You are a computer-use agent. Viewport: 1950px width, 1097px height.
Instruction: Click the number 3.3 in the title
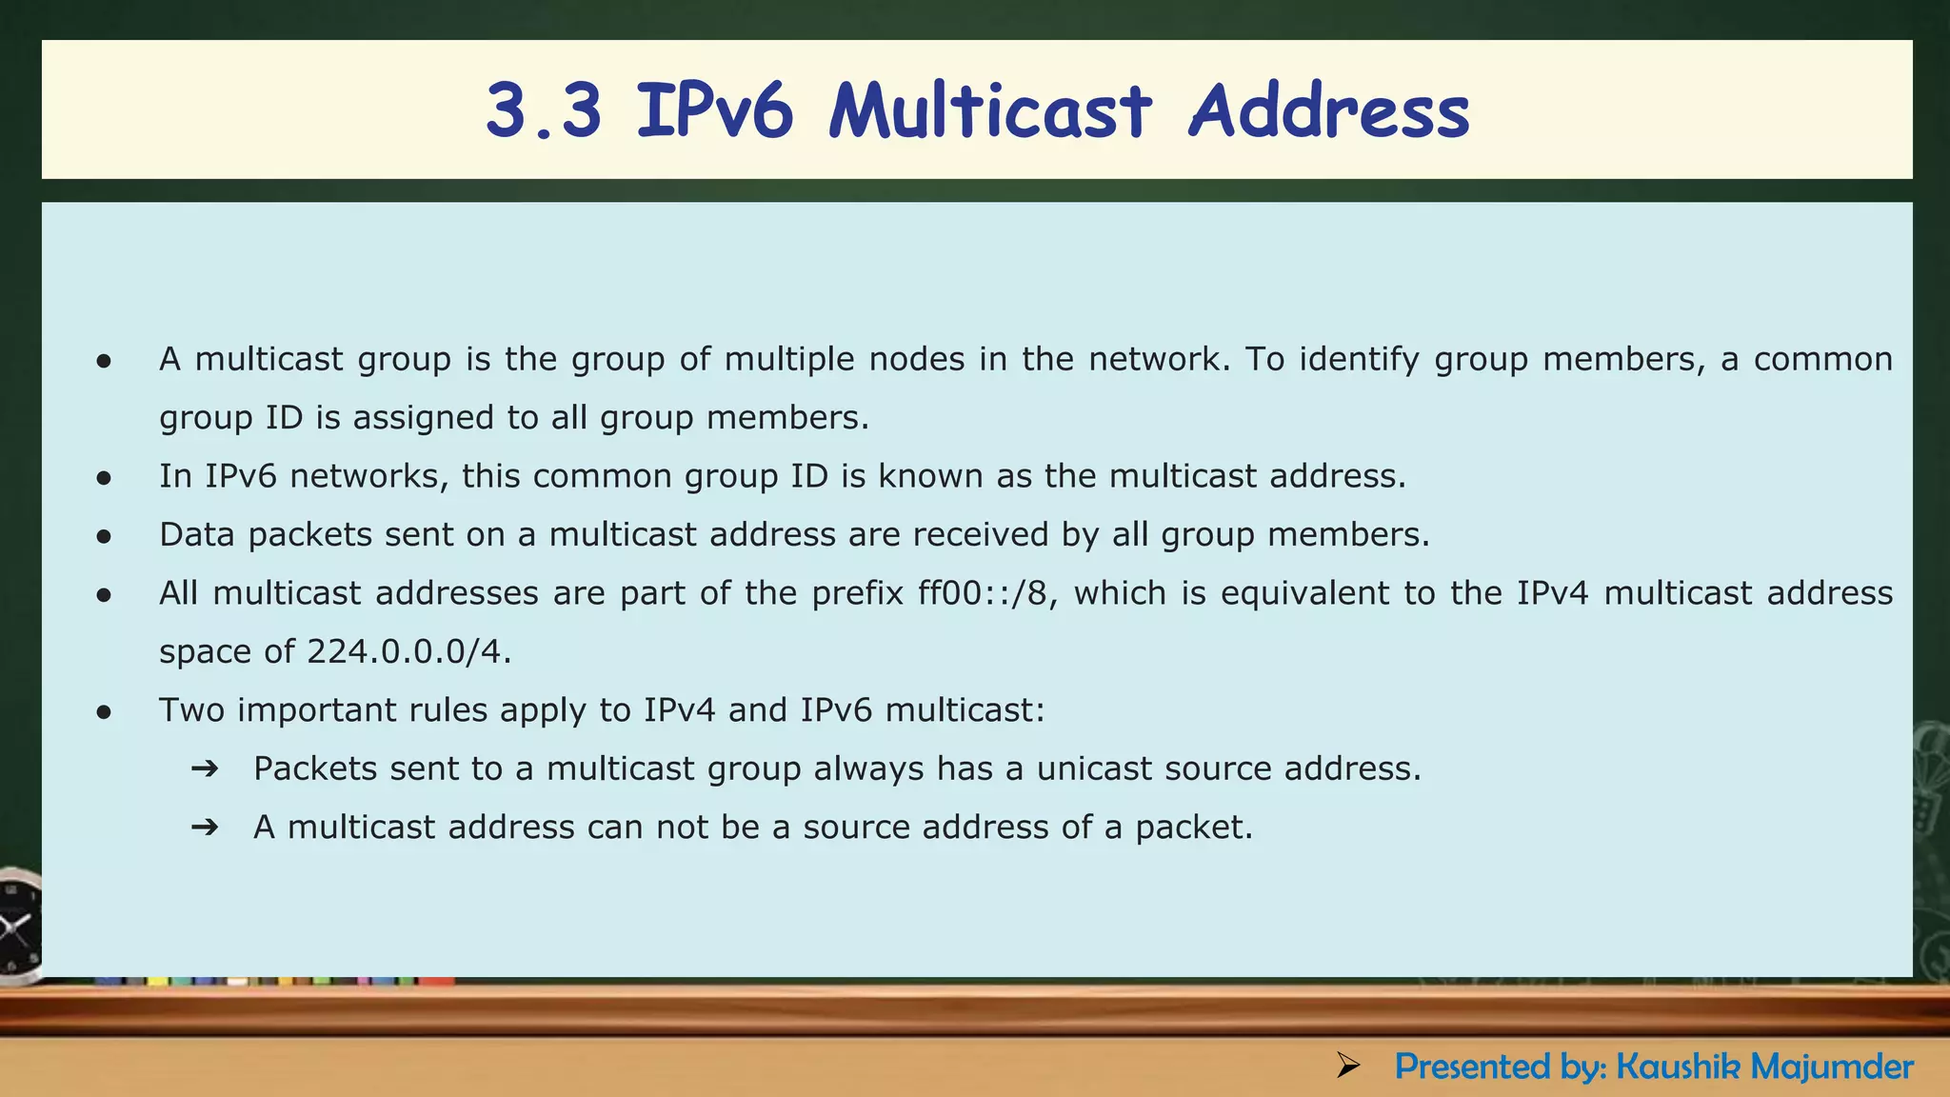pyautogui.click(x=544, y=111)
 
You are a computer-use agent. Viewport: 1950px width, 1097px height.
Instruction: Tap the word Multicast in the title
pyautogui.click(x=990, y=111)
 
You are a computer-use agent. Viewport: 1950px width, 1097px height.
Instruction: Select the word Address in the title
pyautogui.click(x=1329, y=111)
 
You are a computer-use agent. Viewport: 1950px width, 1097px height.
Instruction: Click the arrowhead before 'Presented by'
pyautogui.click(x=1347, y=1066)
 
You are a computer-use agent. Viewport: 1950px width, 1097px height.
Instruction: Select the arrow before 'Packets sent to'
pyautogui.click(x=205, y=768)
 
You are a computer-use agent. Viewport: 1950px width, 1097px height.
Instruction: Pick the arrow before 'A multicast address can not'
pyautogui.click(x=205, y=828)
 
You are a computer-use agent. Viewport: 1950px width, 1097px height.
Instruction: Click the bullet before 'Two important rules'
pyautogui.click(x=105, y=712)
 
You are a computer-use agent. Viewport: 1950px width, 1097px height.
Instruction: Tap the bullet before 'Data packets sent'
pyautogui.click(x=105, y=537)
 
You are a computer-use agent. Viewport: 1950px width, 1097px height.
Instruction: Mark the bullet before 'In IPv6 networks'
pyautogui.click(x=105, y=478)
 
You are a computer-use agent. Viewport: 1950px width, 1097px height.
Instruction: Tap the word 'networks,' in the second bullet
pyautogui.click(x=369, y=476)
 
